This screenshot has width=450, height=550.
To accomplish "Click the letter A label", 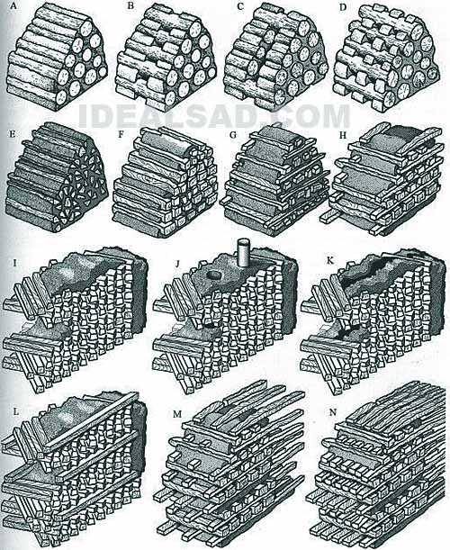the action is tap(13, 6).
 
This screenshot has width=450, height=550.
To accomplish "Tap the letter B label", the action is tap(130, 7).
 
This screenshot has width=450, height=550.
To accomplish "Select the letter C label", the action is tap(241, 7).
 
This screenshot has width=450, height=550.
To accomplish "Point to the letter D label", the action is tap(343, 7).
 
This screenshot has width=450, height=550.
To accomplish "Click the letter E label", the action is tap(13, 134).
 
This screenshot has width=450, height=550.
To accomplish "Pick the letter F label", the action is tap(121, 134).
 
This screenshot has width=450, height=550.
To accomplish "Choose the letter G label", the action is tap(232, 134).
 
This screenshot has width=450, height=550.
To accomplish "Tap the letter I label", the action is tap(13, 262).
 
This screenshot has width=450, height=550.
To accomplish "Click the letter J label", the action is tap(178, 262).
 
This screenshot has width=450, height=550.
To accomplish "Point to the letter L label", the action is tap(15, 411).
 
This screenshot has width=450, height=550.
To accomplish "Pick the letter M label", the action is tap(177, 414).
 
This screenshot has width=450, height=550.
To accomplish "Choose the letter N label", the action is tap(332, 411).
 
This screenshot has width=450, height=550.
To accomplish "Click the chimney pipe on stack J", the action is tap(243, 253).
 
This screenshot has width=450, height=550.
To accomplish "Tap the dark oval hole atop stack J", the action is tap(212, 275).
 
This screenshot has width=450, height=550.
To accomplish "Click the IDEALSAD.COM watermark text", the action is tap(214, 116).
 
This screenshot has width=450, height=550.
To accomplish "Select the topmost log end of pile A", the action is tap(85, 28).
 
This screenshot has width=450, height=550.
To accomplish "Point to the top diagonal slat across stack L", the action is tap(92, 421).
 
